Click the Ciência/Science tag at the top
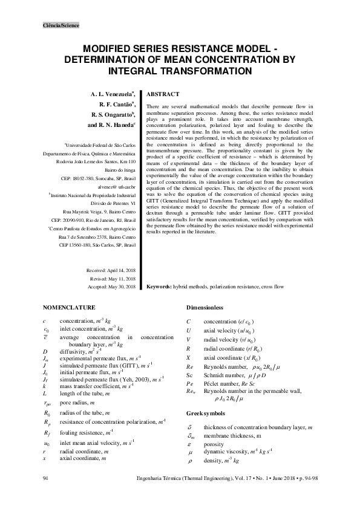point(61,25)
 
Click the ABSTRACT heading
point(163,94)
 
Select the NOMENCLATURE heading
point(70,306)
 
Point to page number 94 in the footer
point(45,479)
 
